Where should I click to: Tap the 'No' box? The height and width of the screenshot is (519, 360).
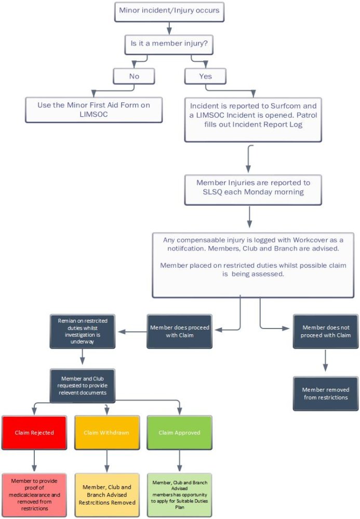coord(134,76)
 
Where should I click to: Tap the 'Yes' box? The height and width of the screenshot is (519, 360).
coord(205,76)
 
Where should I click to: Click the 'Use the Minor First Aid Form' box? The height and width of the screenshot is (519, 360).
coord(94,109)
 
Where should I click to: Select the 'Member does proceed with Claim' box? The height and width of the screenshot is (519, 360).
coord(179,331)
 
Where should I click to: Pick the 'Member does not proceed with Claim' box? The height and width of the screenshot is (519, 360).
coord(325,331)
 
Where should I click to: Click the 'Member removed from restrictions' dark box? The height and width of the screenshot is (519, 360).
coord(325,393)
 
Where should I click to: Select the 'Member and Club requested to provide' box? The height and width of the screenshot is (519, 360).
coord(83,386)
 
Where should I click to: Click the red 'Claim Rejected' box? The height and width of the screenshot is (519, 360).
coord(34,432)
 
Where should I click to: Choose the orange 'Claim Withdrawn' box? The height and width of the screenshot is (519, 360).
coord(106,432)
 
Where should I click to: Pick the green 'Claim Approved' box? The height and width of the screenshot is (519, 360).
coord(179,432)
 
